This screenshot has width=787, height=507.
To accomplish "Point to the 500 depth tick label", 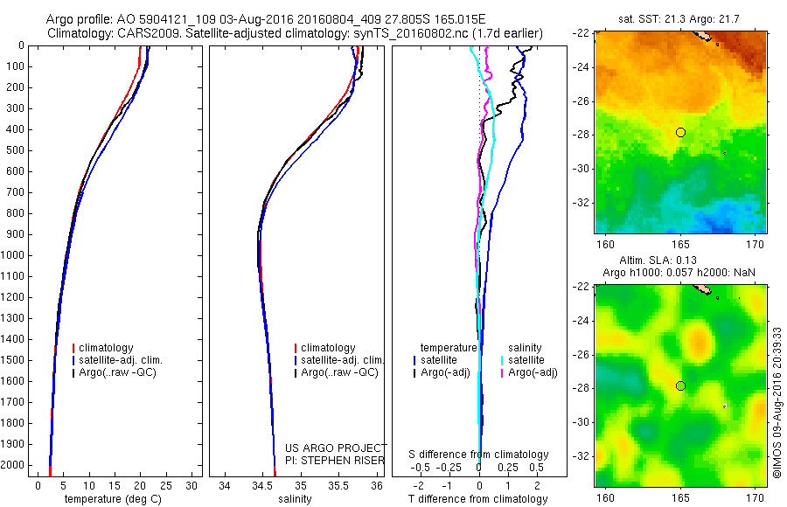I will (14, 150).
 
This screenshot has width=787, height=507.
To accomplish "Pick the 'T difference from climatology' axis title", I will (478, 499).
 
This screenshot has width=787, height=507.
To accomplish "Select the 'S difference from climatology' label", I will (479, 455).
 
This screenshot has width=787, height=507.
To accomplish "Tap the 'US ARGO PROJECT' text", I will (336, 448).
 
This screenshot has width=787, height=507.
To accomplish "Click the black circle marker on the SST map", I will (680, 132).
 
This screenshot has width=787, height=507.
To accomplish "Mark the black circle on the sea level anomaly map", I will (680, 385).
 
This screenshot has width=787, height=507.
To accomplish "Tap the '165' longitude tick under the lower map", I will (680, 497).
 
